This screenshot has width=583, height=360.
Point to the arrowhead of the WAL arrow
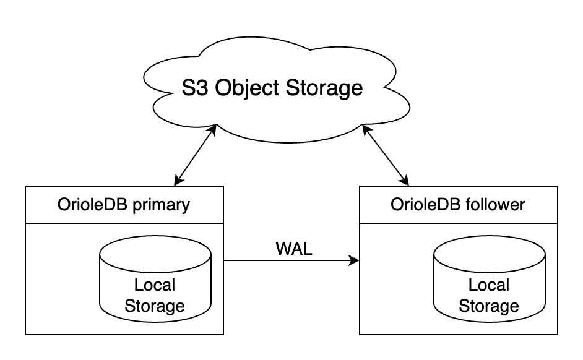tap(355, 261)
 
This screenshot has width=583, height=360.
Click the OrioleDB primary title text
tap(124, 204)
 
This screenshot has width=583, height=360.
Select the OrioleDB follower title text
tap(458, 204)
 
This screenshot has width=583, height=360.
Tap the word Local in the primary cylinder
tap(155, 285)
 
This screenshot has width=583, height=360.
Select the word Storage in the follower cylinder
tap(489, 306)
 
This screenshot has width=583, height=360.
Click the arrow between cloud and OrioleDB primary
tap(196, 155)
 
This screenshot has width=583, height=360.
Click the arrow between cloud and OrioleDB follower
tap(386, 155)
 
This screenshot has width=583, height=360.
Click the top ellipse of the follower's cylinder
tap(489, 251)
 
